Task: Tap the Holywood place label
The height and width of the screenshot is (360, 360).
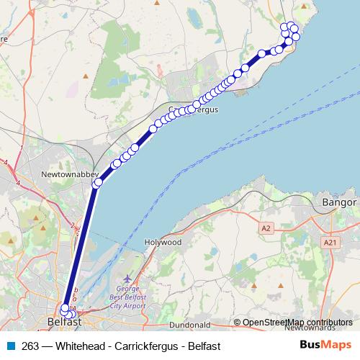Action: coord(162,243)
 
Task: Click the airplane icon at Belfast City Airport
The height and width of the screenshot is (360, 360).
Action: coord(128,277)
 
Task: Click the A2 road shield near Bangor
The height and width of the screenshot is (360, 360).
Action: coord(267,228)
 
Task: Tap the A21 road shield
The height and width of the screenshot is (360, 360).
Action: coord(330,243)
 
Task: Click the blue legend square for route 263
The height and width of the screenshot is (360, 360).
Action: coord(11,346)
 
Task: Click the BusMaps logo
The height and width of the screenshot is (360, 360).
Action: coord(325,345)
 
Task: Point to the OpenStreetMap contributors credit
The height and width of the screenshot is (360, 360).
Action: coord(297,322)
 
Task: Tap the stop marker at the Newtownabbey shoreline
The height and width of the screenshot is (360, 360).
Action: coord(98,183)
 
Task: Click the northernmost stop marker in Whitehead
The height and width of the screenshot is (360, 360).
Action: coord(292,26)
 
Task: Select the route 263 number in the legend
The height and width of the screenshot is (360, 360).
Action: coord(30,346)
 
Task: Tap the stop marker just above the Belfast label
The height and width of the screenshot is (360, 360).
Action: coord(65,308)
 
